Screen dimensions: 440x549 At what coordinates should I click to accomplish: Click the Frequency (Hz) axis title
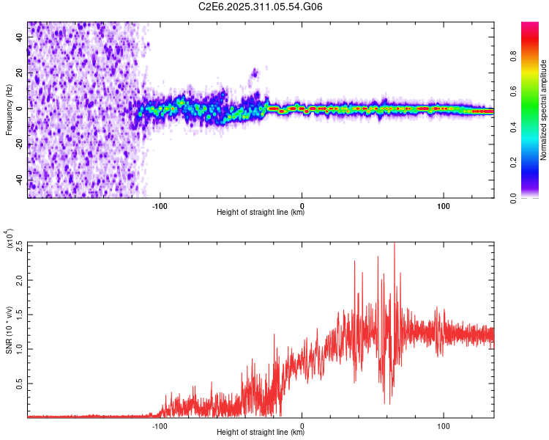(9, 109)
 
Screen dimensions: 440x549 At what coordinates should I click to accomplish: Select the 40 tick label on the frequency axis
(20, 37)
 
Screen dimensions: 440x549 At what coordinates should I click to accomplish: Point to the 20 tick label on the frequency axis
(20, 73)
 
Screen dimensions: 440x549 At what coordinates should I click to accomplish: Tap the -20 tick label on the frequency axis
(18, 144)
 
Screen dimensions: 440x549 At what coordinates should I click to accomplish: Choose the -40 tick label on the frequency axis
(18, 180)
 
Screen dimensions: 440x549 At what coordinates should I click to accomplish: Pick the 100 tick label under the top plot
(444, 205)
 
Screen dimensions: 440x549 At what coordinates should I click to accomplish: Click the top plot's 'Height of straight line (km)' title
(261, 213)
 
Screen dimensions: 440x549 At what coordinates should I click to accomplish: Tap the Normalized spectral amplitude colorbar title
(543, 110)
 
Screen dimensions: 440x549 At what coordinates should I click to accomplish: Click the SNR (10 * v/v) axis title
(9, 331)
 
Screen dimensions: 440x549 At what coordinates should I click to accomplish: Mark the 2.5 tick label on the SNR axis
(18, 246)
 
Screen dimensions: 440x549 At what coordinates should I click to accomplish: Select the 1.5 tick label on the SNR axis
(18, 314)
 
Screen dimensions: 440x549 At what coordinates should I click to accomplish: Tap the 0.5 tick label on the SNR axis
(18, 383)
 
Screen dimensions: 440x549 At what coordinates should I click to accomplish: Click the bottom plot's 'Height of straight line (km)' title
(261, 432)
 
